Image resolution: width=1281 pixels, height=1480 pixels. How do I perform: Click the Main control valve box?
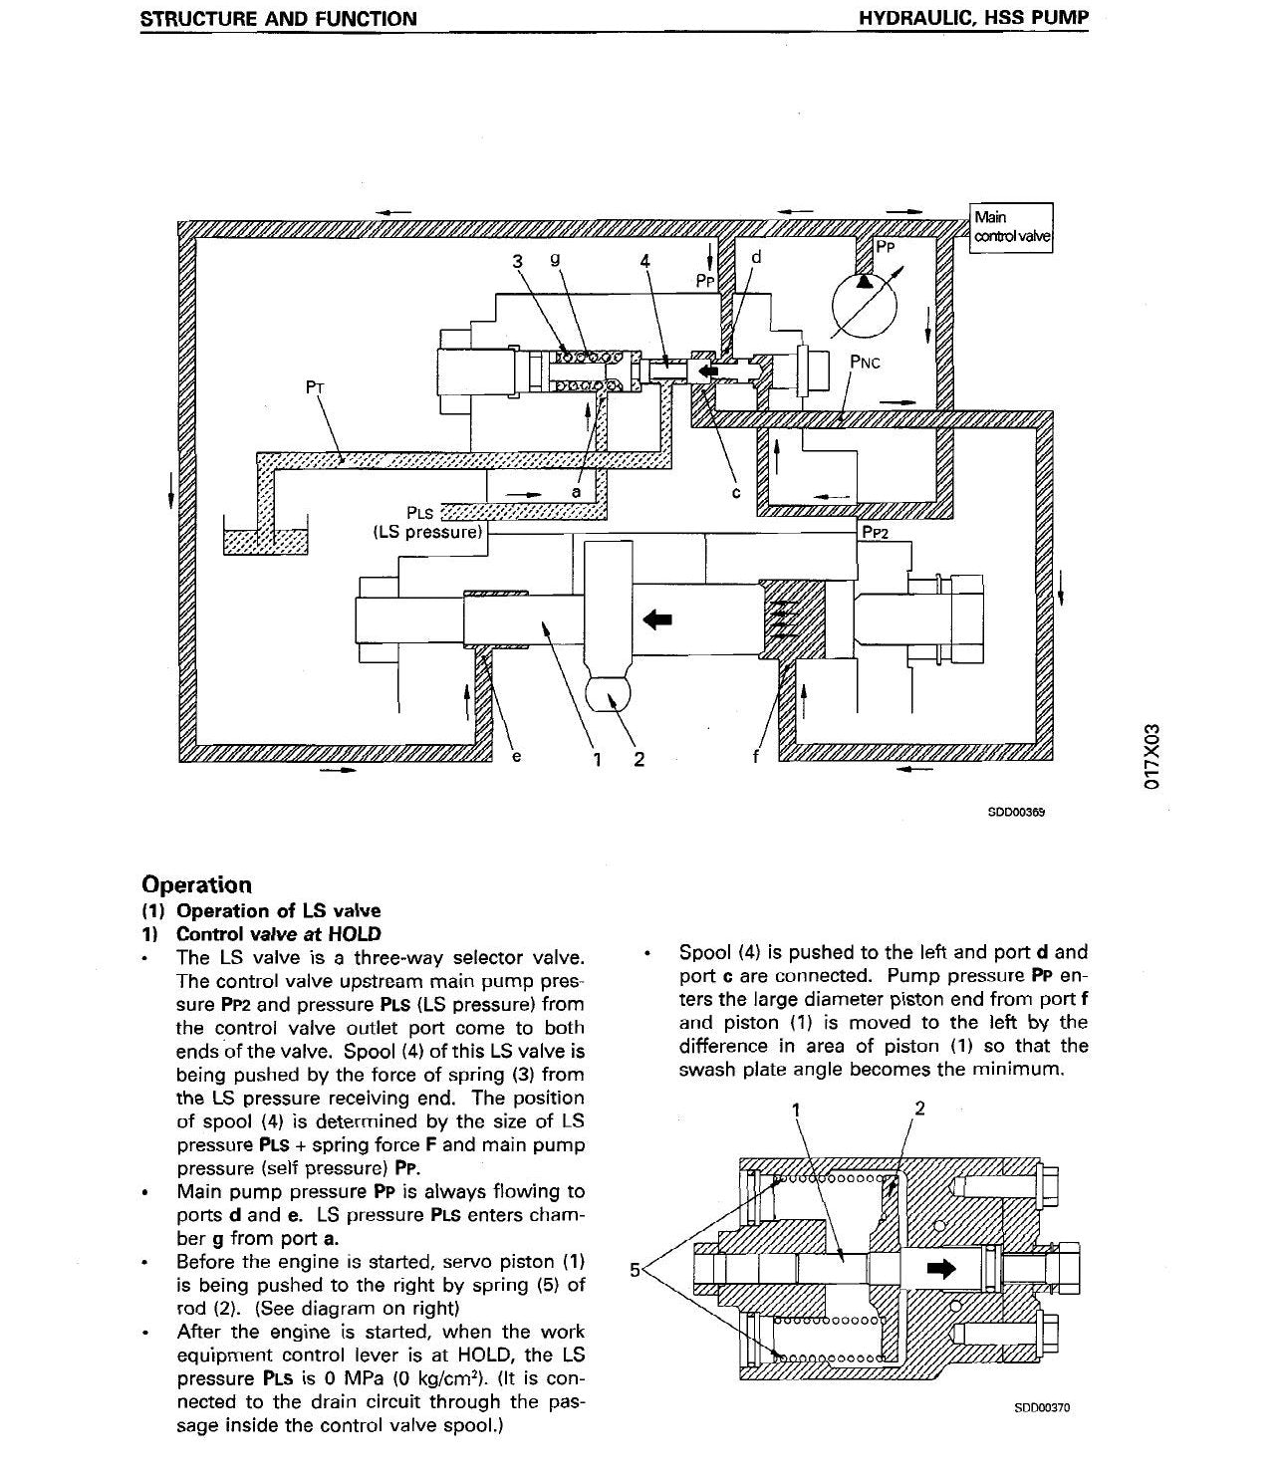[1011, 228]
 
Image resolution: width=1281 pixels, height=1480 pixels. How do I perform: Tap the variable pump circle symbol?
[865, 307]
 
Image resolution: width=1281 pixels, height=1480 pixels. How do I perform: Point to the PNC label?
[865, 363]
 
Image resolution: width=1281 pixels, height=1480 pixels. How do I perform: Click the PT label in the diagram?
[315, 387]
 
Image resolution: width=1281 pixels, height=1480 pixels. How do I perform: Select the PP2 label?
[875, 533]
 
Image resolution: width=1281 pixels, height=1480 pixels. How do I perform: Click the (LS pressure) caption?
[428, 532]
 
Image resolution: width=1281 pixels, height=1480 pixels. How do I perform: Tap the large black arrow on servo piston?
[657, 619]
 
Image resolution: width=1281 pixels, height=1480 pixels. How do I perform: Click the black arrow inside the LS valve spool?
[707, 370]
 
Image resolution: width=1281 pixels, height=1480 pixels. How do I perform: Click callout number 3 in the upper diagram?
[518, 261]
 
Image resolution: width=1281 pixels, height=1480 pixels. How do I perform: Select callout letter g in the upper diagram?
[555, 259]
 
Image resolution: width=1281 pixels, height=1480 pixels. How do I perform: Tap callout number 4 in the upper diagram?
[645, 261]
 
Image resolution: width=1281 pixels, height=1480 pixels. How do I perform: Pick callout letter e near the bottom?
[516, 756]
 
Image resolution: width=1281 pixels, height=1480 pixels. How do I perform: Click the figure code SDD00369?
[1016, 812]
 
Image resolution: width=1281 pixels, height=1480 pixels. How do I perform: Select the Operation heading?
[197, 884]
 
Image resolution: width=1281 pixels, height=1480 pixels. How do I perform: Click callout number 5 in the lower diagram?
[635, 1270]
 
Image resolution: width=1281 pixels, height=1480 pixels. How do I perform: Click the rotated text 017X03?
[1151, 757]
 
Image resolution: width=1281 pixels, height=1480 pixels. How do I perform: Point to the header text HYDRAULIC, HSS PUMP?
[974, 18]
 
